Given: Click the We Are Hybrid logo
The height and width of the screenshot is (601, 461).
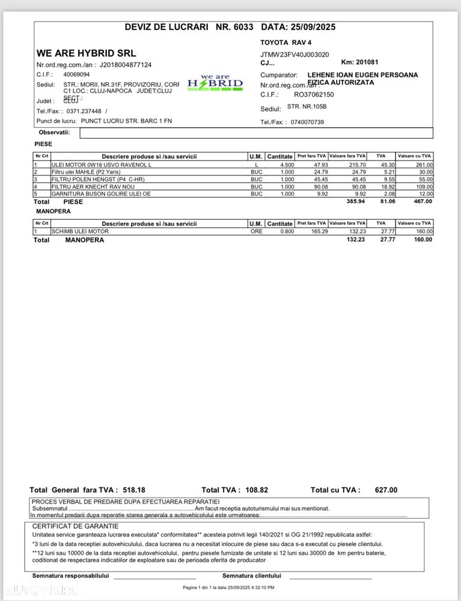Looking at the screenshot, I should click(x=215, y=83).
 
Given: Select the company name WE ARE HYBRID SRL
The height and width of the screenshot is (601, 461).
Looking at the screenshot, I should click(x=87, y=53).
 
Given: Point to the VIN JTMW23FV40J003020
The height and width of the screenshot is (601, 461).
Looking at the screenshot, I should click(x=295, y=55).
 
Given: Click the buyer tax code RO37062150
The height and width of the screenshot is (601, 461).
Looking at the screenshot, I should click(x=314, y=94).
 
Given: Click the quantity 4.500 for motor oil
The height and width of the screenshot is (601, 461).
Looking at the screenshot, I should click(x=287, y=165).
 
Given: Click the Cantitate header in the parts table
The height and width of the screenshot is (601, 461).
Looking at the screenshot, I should click(x=279, y=156).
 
